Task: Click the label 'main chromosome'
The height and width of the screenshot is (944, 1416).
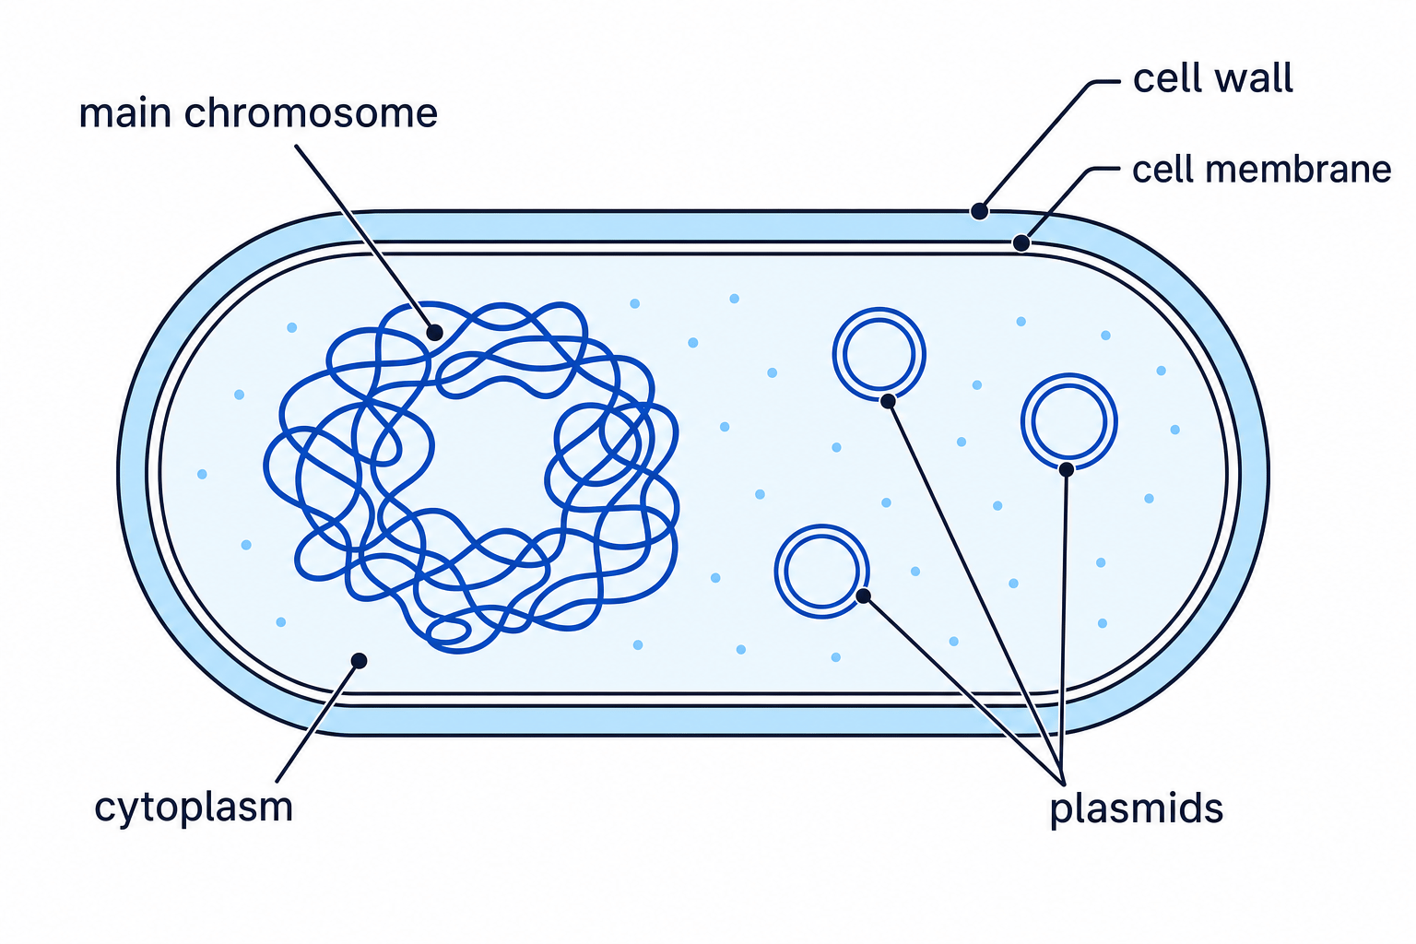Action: [x=258, y=113]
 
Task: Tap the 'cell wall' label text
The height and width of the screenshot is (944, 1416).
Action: [x=1212, y=78]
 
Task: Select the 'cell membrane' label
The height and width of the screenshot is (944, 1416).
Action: [x=1261, y=170]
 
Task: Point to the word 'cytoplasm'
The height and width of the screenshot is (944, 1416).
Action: [x=194, y=808]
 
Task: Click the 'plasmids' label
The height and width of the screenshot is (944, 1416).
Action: [x=1137, y=808]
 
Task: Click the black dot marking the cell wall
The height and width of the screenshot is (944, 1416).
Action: [x=979, y=211]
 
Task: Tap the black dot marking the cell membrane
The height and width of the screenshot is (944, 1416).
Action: [x=1021, y=242]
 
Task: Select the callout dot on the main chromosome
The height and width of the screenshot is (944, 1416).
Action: [x=434, y=333]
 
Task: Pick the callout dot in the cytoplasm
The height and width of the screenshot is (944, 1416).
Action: [x=359, y=661]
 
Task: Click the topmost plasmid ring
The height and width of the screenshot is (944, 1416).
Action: [x=879, y=309]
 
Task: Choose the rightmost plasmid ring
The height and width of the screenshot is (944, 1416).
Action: [x=1069, y=375]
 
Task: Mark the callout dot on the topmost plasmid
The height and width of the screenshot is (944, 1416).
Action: [x=888, y=401]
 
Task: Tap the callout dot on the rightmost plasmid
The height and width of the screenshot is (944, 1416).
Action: [x=1067, y=469]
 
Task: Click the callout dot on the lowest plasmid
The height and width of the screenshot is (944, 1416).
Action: [x=864, y=596]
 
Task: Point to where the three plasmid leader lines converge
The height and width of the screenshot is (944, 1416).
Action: [x=1063, y=783]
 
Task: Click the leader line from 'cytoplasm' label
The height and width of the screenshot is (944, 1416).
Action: [x=318, y=722]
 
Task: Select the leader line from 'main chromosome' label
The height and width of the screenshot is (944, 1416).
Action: [x=365, y=239]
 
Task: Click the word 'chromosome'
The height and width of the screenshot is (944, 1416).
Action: [x=311, y=113]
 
